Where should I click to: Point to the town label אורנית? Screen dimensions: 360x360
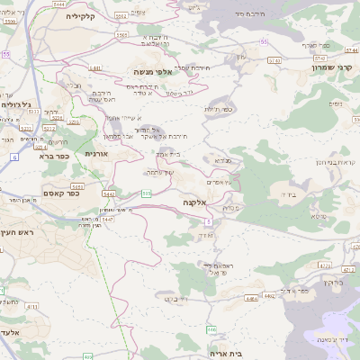click(x=95, y=154)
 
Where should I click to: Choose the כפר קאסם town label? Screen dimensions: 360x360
click(x=60, y=193)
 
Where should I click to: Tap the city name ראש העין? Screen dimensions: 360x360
click(x=17, y=232)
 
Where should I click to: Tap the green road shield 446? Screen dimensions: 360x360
click(x=211, y=328)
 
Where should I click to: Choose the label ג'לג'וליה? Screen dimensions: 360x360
click(x=13, y=104)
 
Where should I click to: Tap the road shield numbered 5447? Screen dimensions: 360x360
click(x=107, y=219)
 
